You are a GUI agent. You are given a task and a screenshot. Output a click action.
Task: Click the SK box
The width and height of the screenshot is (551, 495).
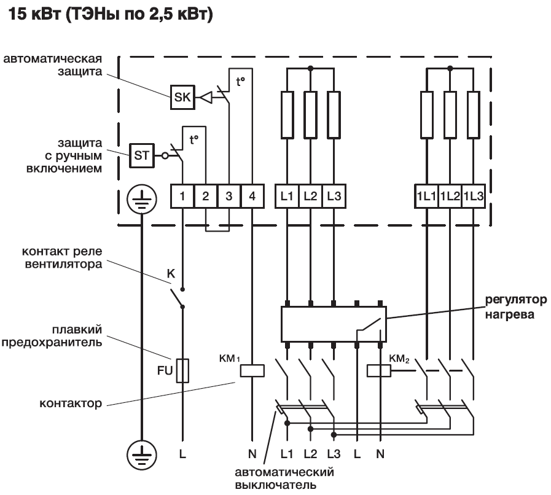point(182,97)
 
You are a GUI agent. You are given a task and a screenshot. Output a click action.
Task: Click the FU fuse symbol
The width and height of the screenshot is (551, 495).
point(182,371)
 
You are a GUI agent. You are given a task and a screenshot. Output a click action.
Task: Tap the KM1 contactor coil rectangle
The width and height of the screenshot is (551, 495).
point(252,370)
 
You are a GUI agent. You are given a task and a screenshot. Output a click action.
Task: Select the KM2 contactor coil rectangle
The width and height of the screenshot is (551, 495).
point(378,370)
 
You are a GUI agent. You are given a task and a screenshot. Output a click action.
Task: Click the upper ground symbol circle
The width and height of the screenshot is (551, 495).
point(141,200)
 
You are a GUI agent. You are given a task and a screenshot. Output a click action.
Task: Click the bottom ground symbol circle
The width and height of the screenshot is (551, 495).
point(141,455)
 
